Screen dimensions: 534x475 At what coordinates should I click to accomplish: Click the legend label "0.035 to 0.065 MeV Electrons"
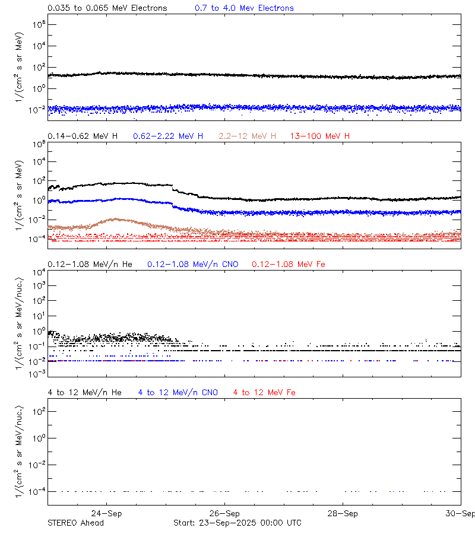[x=107, y=8]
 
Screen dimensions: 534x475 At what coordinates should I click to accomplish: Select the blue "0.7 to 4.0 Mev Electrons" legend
[x=244, y=8]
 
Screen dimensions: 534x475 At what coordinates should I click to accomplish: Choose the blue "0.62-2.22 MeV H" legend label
[x=168, y=136]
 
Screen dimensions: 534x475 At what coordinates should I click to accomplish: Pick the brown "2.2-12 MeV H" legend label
[x=247, y=136]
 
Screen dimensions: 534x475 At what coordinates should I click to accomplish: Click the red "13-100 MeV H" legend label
[x=320, y=136]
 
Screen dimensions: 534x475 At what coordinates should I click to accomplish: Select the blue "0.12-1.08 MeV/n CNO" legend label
[x=193, y=263]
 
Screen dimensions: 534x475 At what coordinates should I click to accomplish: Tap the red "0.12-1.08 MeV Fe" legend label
[x=289, y=263]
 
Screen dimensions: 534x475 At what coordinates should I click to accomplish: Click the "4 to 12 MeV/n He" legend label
[x=84, y=392]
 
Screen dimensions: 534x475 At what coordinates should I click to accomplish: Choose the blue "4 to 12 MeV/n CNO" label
[x=178, y=392]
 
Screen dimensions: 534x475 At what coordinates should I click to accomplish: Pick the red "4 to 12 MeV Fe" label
[x=264, y=392]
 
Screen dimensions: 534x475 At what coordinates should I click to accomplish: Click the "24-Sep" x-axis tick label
[x=107, y=514]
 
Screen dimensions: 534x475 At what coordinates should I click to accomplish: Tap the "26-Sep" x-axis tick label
[x=224, y=514]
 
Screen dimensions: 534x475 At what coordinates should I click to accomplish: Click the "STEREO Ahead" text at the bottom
[x=75, y=523]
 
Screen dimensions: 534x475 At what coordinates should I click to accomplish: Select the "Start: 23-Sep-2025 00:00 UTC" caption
[x=237, y=523]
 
